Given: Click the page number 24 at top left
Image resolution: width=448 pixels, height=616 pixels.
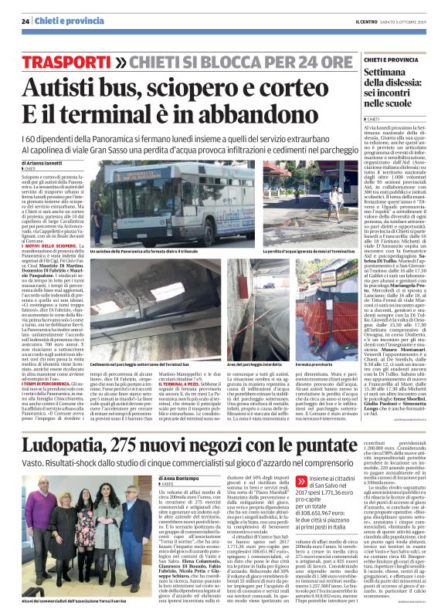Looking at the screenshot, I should tap(25, 21).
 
